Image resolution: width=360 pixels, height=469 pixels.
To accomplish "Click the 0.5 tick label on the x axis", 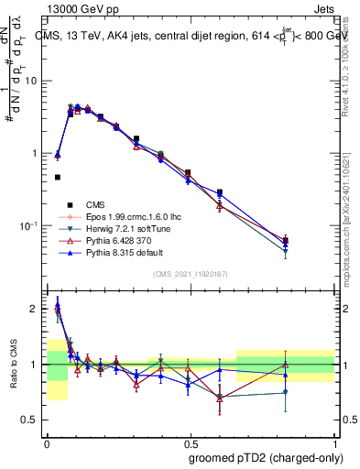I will (x=190, y=441).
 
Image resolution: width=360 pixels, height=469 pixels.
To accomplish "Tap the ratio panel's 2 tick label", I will (x=36, y=309).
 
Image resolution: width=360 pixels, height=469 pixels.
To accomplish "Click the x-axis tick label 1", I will (x=333, y=441).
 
